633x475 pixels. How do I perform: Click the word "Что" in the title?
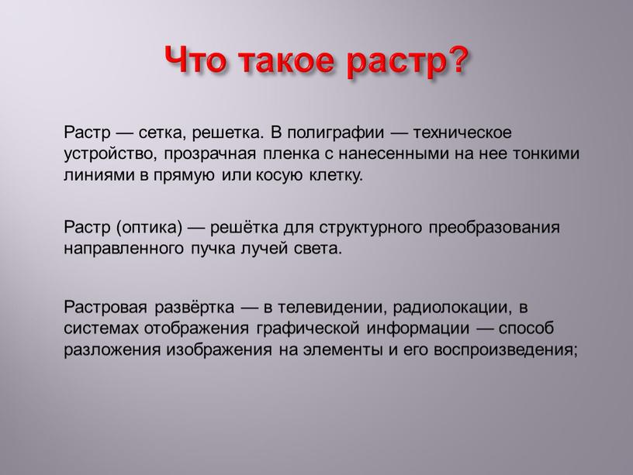click(x=196, y=60)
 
